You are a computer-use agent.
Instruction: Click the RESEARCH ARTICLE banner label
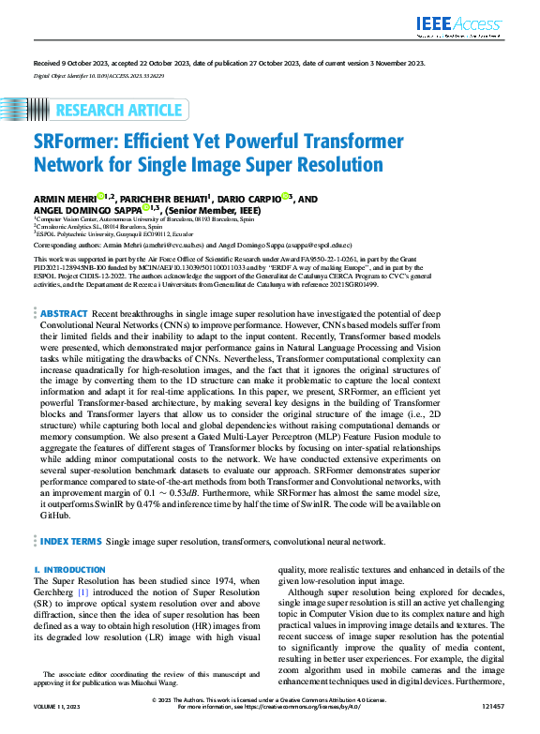119,111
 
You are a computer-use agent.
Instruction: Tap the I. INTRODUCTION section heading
67,569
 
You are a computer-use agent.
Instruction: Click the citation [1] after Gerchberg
83,593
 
